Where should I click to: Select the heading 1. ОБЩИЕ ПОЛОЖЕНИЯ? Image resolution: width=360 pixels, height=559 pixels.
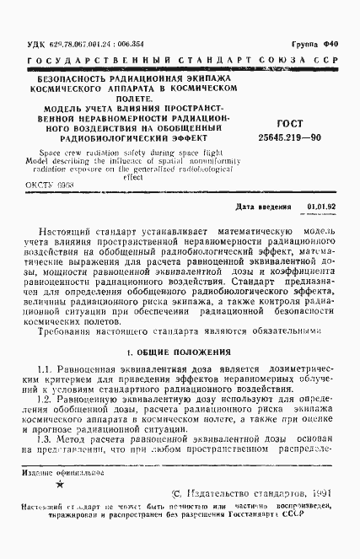pyautogui.click(x=178, y=350)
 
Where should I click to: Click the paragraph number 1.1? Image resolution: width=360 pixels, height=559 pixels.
pyautogui.click(x=46, y=370)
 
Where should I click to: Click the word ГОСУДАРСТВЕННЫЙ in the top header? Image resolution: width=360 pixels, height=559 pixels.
pyautogui.click(x=86, y=62)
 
